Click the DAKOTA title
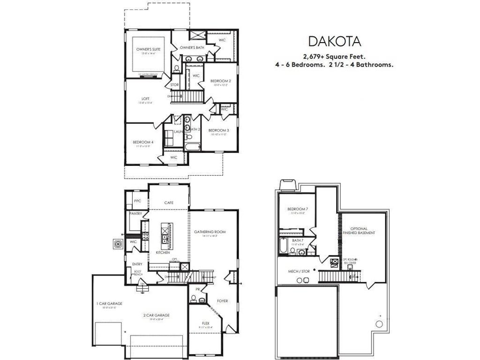[334, 42]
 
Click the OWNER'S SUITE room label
[146, 49]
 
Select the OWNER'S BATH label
[192, 48]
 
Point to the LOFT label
[146, 98]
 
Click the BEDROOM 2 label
[220, 81]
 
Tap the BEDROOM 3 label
[218, 130]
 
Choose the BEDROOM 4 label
[142, 142]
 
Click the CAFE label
[169, 202]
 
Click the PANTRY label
[136, 213]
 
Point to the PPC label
[137, 201]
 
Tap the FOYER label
[222, 300]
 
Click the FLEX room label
[205, 323]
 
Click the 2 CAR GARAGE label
[156, 315]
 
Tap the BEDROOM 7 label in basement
[298, 209]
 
